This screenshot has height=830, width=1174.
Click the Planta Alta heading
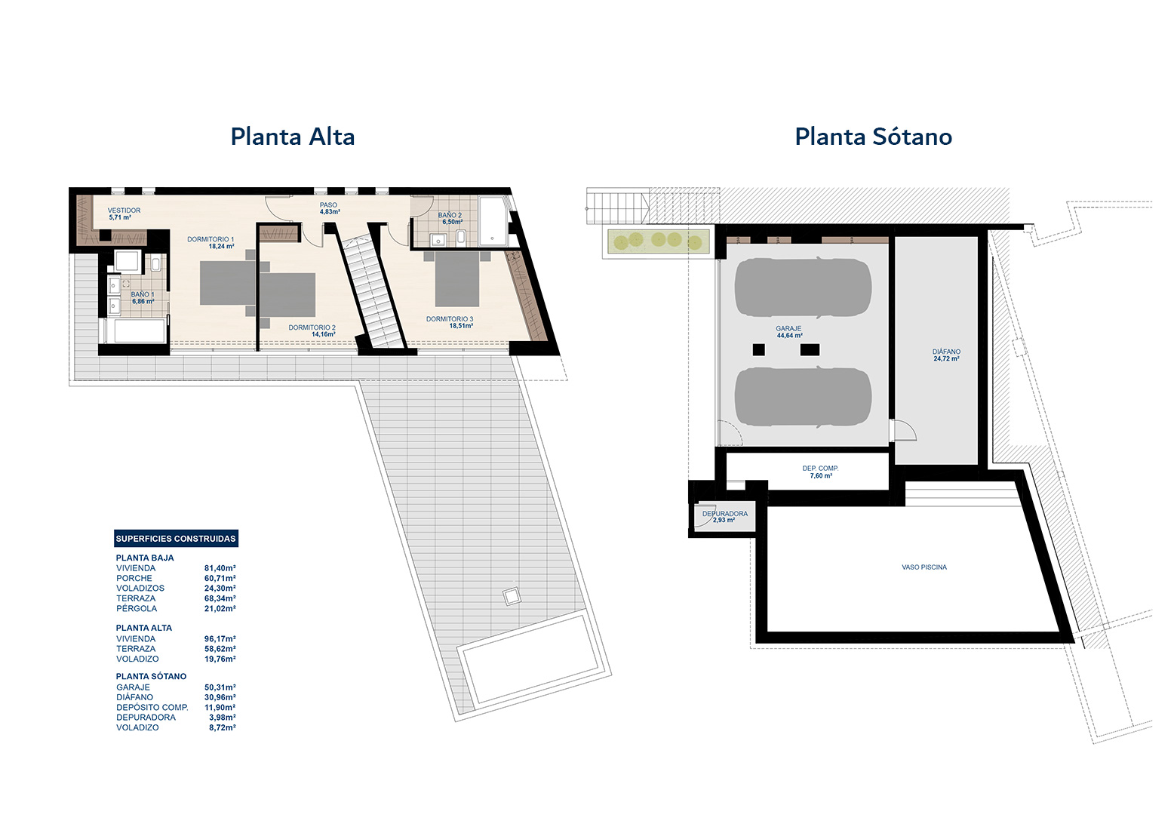(293, 137)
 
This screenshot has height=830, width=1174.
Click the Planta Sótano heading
(873, 137)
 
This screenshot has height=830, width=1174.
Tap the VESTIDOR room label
(124, 214)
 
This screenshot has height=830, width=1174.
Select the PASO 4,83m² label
(329, 208)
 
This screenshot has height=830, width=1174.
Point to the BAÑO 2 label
(450, 219)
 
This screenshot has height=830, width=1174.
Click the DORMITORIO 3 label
(450, 322)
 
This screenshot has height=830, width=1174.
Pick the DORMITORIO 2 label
(312, 330)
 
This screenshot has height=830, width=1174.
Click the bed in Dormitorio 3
(457, 278)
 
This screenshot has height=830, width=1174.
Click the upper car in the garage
(802, 287)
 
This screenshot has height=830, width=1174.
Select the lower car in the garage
(802, 398)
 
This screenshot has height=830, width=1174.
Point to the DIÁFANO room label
(947, 355)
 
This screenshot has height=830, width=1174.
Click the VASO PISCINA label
(924, 567)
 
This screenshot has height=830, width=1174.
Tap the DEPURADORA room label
(725, 517)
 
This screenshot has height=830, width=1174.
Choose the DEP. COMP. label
(820, 472)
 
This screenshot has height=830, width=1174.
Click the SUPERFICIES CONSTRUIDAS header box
(176, 538)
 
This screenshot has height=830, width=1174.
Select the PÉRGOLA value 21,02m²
(220, 608)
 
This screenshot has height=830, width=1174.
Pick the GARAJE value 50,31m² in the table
(220, 687)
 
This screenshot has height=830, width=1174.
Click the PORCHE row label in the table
(134, 578)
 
